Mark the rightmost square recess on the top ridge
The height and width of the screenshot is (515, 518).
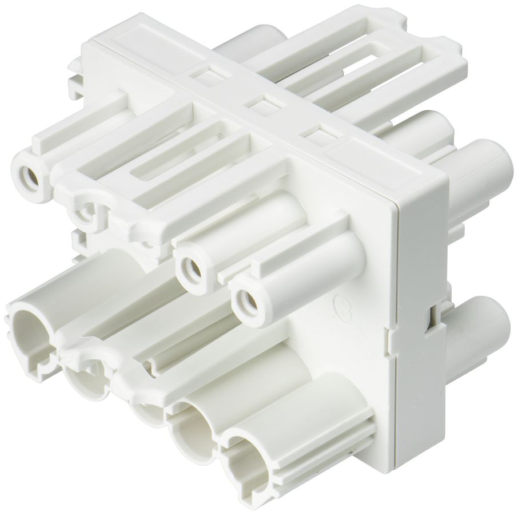tap(318, 134)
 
